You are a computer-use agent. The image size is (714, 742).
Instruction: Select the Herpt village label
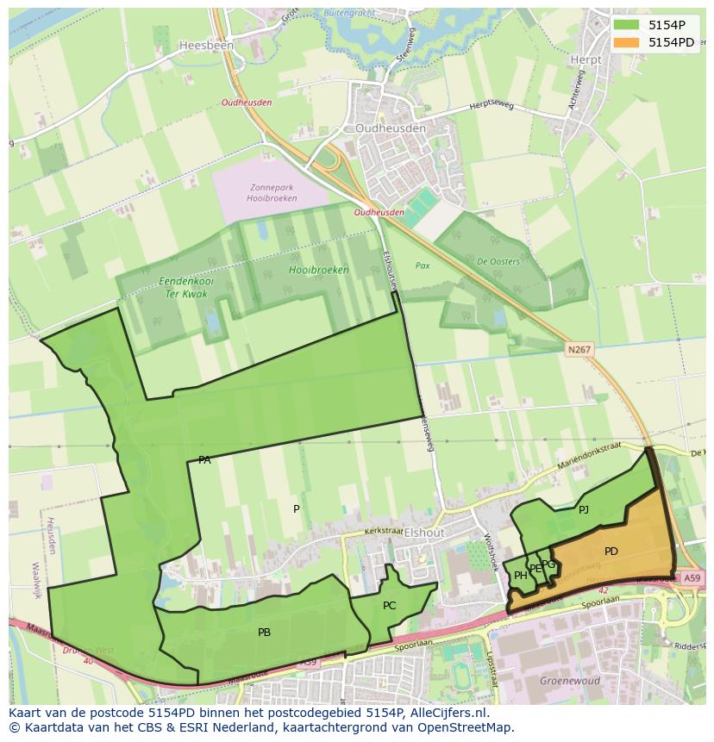(x=586, y=59)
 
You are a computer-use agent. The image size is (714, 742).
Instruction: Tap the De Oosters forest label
(x=498, y=262)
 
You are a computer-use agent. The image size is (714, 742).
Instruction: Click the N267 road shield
(x=579, y=349)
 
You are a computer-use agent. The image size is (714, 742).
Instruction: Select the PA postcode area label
(x=204, y=460)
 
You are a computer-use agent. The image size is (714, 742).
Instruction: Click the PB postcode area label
(x=264, y=633)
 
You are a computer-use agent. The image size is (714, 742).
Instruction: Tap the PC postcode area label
(x=389, y=606)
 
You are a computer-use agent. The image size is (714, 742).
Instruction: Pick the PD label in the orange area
(x=611, y=552)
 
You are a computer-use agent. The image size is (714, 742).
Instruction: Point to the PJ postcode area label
(x=584, y=510)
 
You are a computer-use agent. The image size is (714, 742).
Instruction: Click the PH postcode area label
(x=520, y=576)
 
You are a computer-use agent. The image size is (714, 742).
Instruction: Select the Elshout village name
(x=423, y=533)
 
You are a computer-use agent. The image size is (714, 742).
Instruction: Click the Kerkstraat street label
(x=383, y=533)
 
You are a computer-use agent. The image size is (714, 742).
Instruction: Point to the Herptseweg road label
(x=492, y=106)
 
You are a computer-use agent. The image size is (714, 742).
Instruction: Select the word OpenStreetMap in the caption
(x=465, y=727)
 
